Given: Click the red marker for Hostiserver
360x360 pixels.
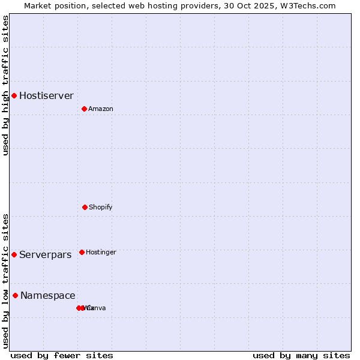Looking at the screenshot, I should point(14,95).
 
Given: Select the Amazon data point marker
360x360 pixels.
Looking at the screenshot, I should point(84,109).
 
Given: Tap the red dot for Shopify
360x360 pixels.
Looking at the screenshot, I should point(85,207).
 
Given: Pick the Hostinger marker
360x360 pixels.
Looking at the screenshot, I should point(82,252).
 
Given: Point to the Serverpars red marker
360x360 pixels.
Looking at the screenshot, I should point(14,254).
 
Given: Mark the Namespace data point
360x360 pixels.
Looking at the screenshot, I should point(15,295).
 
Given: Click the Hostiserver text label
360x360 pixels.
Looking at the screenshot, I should point(46,95).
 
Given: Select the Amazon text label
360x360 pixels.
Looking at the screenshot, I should point(101,109).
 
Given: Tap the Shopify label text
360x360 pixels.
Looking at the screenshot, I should point(101,207).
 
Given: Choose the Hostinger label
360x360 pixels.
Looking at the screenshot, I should point(101,252).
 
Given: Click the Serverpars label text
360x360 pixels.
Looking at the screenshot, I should point(45,254).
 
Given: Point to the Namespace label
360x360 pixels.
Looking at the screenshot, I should point(48,295).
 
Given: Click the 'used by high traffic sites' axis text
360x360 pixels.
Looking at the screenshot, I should point(5,85).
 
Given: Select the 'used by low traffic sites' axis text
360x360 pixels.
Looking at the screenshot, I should point(5,281).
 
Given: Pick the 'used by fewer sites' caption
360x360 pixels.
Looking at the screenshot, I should point(62,355).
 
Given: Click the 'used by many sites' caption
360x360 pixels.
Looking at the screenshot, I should point(301,355).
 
